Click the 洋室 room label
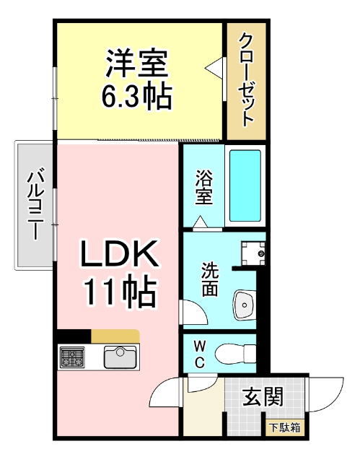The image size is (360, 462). click(x=136, y=64)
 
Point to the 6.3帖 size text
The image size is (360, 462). click(x=136, y=95)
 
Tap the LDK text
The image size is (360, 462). click(x=119, y=254)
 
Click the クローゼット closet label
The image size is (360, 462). click(x=246, y=79)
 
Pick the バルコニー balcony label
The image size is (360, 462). click(x=34, y=206)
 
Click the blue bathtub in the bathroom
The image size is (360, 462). click(x=245, y=186)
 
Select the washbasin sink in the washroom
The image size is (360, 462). click(x=245, y=306)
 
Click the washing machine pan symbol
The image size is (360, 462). click(x=253, y=253)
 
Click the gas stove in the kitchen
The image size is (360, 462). click(x=73, y=357)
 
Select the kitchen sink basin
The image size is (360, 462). click(x=120, y=357)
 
